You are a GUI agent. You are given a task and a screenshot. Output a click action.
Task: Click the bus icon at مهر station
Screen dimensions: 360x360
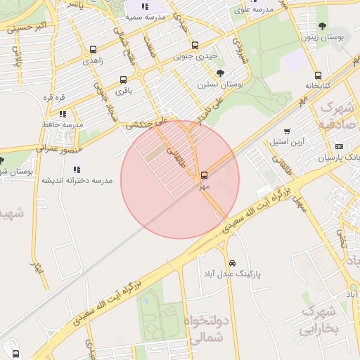(x=205, y=174)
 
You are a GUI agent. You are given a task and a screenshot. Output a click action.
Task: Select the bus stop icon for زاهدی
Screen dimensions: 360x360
(x=94, y=50)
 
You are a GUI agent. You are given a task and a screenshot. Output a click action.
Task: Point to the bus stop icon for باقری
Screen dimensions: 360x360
(x=124, y=79)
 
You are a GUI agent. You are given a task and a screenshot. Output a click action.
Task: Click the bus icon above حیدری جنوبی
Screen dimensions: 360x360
(x=195, y=46)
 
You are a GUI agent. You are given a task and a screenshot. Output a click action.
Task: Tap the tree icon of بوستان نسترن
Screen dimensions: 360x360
(x=220, y=73)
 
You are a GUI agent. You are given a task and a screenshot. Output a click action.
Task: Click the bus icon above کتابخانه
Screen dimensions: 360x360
(x=319, y=75)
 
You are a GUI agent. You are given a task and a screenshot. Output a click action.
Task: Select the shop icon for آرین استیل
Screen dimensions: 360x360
(x=287, y=131)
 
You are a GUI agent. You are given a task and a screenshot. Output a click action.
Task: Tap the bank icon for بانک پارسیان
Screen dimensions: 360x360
(x=339, y=147)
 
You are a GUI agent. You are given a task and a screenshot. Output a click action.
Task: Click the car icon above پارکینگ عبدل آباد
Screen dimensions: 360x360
(x=232, y=263)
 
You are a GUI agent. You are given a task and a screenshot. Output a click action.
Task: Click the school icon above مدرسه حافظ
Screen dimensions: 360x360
(x=63, y=113)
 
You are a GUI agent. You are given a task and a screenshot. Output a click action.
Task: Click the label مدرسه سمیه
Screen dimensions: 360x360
(x=146, y=17)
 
